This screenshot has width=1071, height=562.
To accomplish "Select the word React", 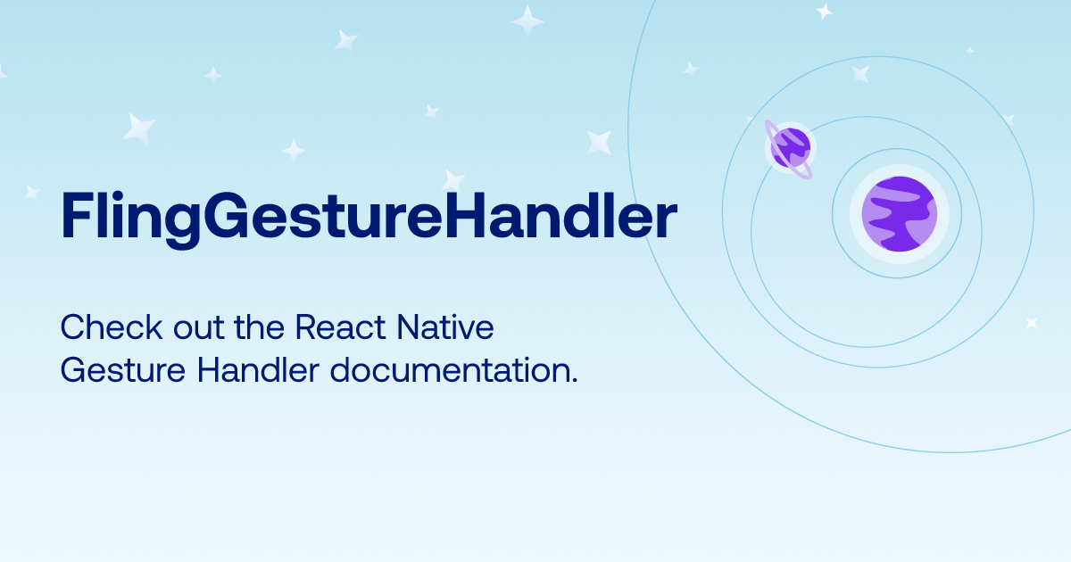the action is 340,327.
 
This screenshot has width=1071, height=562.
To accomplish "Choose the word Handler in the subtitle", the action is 258,370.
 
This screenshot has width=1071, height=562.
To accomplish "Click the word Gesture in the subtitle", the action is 123,370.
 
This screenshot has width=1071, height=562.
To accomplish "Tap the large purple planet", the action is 900,213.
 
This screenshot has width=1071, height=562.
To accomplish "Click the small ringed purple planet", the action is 791,148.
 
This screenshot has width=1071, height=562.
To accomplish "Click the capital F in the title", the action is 77,215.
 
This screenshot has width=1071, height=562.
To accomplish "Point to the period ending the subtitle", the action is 574,380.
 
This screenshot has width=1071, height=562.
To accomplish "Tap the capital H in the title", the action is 465,215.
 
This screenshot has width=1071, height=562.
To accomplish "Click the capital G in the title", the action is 226,215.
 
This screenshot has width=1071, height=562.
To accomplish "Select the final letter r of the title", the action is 666,220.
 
